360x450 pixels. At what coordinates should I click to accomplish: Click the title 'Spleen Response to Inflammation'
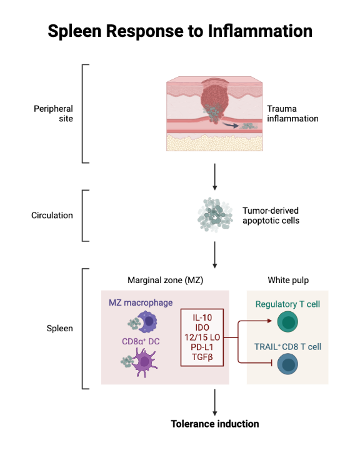click(x=180, y=30)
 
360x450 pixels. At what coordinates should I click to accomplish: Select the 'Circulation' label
click(x=52, y=216)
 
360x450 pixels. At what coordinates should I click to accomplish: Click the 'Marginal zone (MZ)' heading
click(x=165, y=281)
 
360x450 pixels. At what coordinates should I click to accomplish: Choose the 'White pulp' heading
click(x=287, y=281)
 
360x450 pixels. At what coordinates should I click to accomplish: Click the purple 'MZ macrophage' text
click(x=139, y=302)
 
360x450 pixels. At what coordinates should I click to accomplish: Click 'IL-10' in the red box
click(x=203, y=317)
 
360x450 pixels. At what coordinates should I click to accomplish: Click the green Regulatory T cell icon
click(x=287, y=323)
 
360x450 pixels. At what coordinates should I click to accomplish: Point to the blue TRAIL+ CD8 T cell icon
click(x=287, y=364)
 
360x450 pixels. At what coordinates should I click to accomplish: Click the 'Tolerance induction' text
click(x=214, y=424)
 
